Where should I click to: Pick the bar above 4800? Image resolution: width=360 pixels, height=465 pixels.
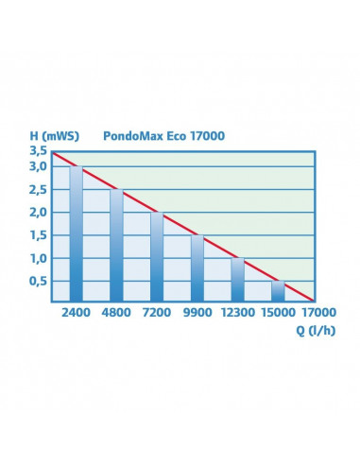[116, 246]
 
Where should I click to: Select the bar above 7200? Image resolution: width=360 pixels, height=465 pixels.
[157, 257]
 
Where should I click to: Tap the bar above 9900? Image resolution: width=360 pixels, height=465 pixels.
[197, 268]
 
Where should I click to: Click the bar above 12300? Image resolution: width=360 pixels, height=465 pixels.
[238, 280]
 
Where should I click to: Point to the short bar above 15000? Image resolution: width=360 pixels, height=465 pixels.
[278, 291]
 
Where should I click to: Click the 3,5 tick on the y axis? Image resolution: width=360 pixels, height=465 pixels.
[37, 151]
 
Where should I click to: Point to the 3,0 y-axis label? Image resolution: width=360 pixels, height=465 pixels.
[37, 167]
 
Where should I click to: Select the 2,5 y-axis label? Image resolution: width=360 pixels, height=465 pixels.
[37, 190]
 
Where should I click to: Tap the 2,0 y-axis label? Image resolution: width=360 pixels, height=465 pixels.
[37, 213]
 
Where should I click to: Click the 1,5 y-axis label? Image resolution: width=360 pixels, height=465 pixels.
[37, 235]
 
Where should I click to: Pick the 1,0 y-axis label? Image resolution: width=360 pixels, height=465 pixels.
[37, 258]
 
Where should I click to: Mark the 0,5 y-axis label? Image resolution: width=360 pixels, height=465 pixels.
[37, 281]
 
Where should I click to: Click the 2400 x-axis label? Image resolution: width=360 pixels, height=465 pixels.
[76, 312]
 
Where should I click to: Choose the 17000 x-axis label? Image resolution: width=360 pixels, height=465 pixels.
[317, 312]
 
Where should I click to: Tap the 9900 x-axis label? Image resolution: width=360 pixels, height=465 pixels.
[197, 312]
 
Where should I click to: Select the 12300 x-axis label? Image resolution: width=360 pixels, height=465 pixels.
[237, 312]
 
